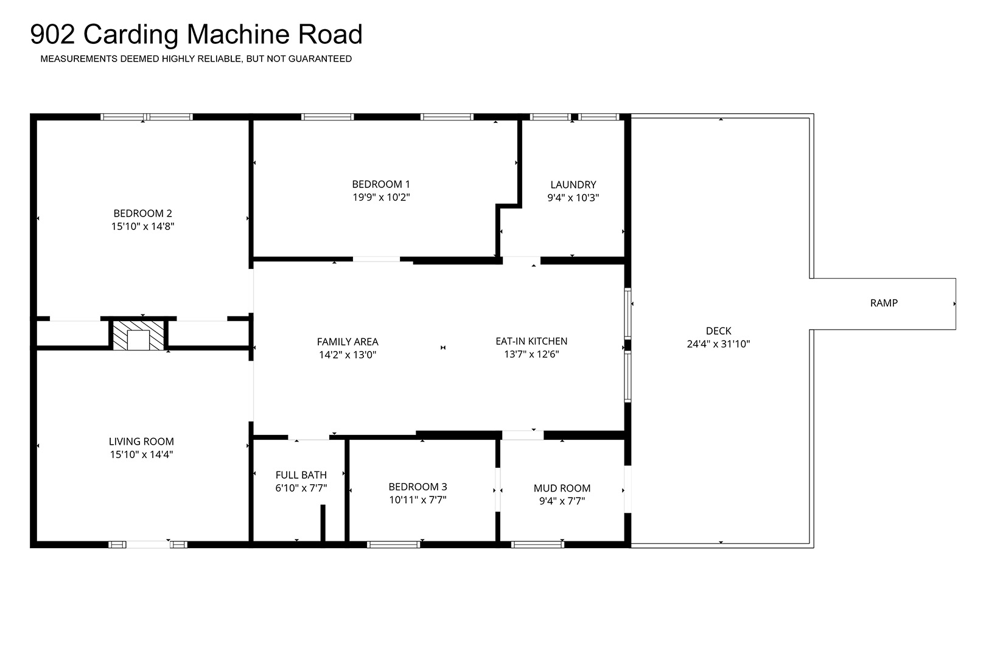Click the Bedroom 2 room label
pos(142,214)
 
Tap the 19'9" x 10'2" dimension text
pos(381,197)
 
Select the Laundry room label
pos(573,185)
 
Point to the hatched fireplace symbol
pos(138,335)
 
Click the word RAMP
pos(884,303)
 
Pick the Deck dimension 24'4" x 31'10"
pos(718,344)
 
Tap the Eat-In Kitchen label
pos(531,341)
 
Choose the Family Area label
pos(348,342)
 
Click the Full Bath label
pos(301,475)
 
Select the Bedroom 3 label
pos(418,487)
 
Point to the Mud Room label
pos(562,488)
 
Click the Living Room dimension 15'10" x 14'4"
pos(141,454)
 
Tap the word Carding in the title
pos(131,35)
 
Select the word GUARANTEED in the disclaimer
pos(320,59)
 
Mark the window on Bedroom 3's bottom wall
pos(394,545)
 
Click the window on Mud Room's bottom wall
pos(537,545)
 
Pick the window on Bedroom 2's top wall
pos(147,117)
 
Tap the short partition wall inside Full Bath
pos(323,523)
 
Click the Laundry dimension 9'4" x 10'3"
pos(573,198)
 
